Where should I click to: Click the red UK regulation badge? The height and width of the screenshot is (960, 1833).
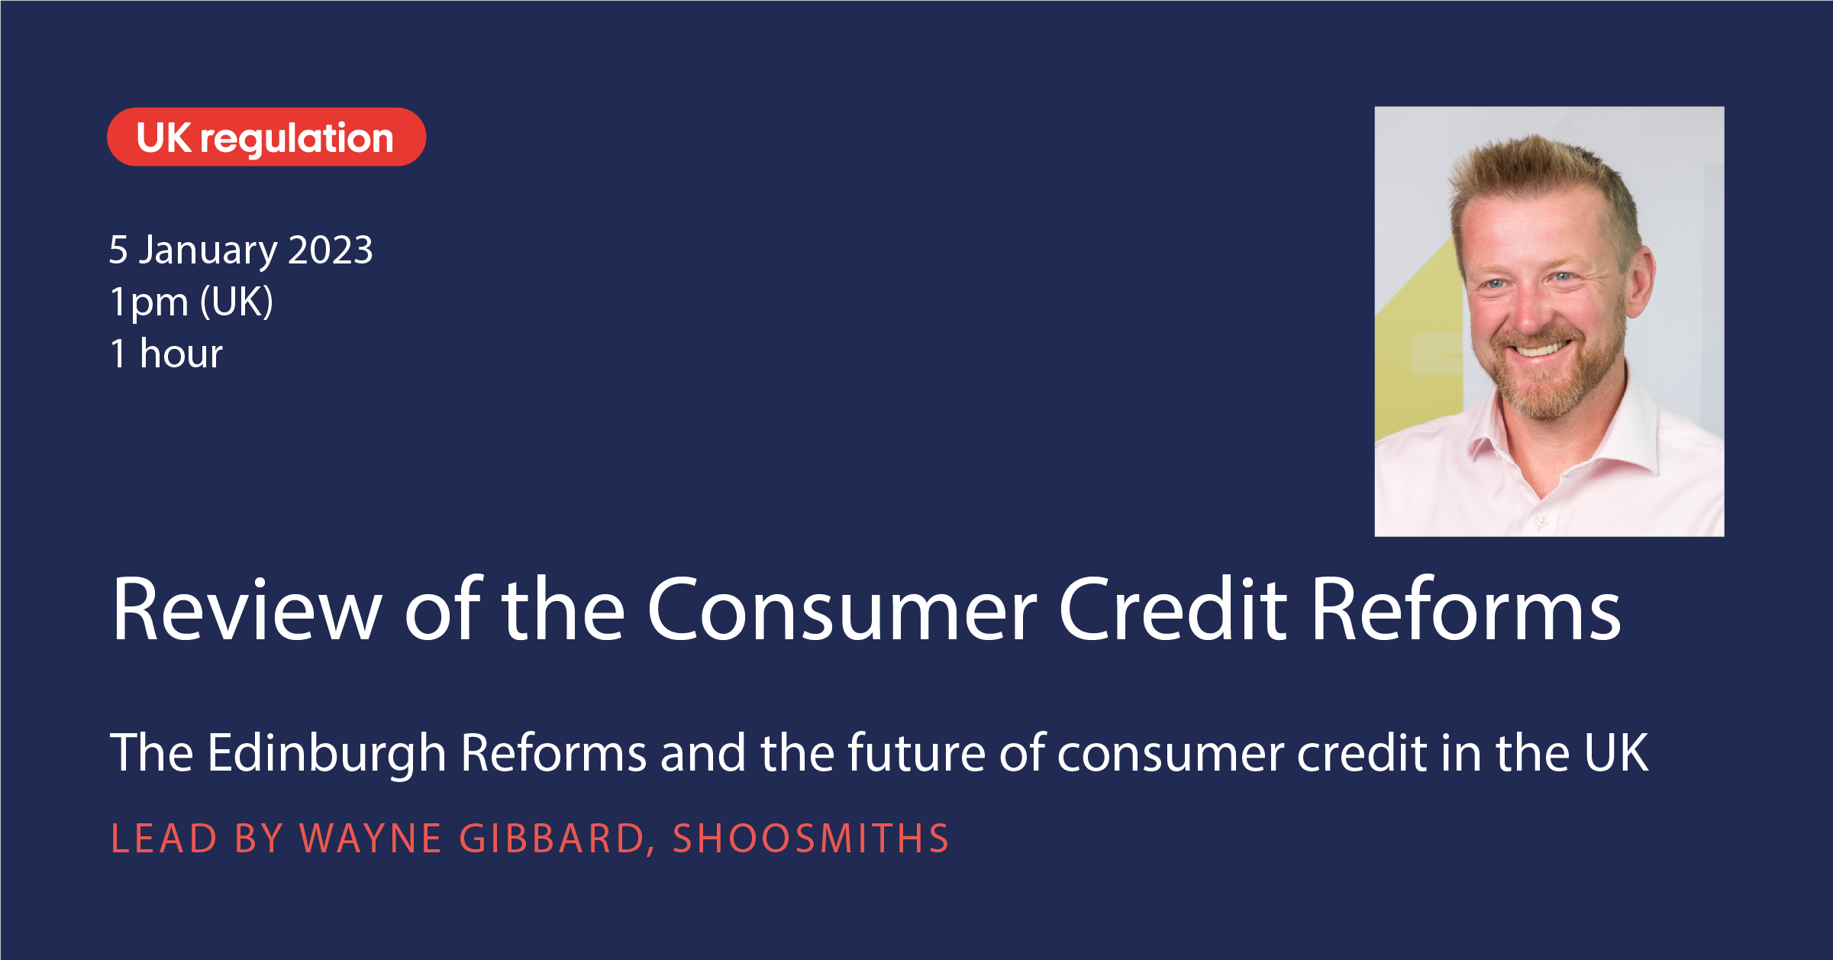(x=266, y=137)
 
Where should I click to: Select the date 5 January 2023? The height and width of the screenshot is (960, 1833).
(x=241, y=250)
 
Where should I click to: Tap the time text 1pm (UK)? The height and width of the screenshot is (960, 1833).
(x=192, y=302)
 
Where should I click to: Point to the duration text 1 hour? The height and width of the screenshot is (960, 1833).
(x=166, y=354)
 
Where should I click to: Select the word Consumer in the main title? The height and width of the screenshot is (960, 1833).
(x=842, y=609)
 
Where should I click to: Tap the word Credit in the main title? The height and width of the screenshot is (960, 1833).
(x=1173, y=609)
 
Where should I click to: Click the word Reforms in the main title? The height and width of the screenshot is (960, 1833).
(x=1466, y=609)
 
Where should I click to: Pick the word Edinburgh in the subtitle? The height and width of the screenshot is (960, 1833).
(x=327, y=754)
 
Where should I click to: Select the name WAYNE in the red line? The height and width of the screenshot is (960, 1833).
(x=371, y=839)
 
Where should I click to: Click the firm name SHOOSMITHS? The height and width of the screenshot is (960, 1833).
(x=811, y=839)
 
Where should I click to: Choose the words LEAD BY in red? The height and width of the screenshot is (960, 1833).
(x=197, y=839)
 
